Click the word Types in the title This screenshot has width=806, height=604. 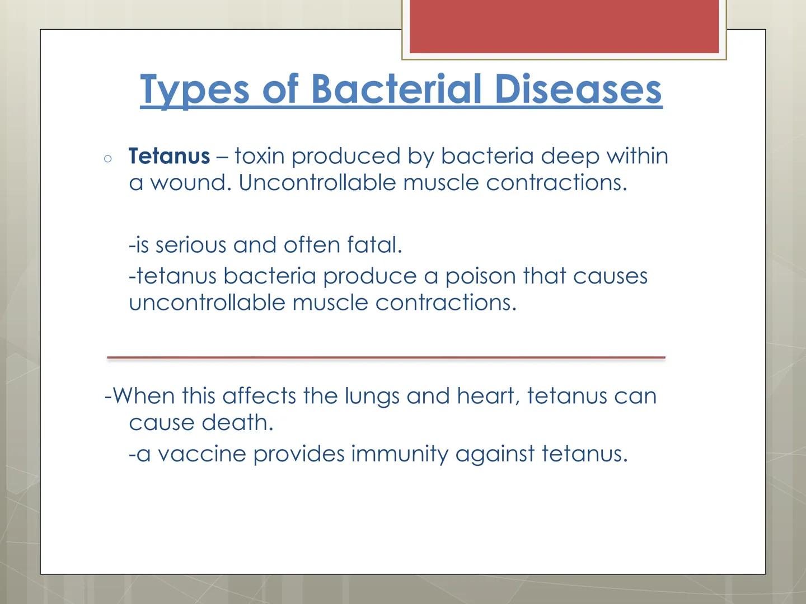[194, 89]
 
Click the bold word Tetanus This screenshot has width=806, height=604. [169, 156]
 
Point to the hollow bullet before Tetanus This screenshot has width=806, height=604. [108, 159]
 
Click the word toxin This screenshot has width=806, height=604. [260, 156]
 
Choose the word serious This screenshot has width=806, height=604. [190, 245]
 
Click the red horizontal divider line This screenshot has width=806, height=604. [386, 357]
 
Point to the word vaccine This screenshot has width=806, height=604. [201, 454]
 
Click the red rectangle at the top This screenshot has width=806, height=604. [564, 26]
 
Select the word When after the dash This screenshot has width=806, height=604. [143, 397]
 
